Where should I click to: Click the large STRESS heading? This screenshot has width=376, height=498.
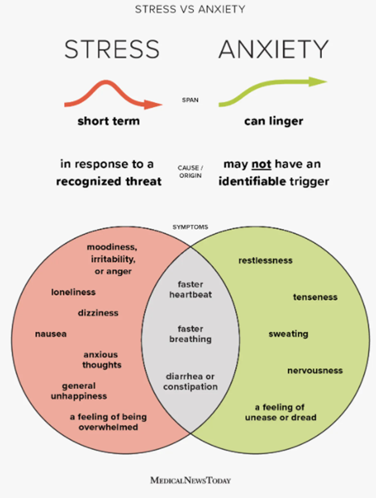pyautogui.click(x=112, y=49)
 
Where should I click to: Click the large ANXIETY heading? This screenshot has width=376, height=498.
pyautogui.click(x=273, y=49)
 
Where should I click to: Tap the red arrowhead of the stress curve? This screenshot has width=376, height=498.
pyautogui.click(x=153, y=104)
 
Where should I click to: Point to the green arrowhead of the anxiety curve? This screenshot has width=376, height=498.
pyautogui.click(x=317, y=81)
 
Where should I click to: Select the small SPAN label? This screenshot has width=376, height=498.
pyautogui.click(x=190, y=100)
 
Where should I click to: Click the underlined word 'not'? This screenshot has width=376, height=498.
pyautogui.click(x=261, y=165)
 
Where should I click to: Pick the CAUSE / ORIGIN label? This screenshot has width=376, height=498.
pyautogui.click(x=190, y=172)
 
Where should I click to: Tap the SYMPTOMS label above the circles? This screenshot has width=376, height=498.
pyautogui.click(x=190, y=227)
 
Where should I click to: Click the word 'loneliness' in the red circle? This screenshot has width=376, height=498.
pyautogui.click(x=73, y=292)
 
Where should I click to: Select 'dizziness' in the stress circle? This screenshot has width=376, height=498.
pyautogui.click(x=98, y=313)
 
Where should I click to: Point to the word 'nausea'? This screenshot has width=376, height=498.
pyautogui.click(x=51, y=334)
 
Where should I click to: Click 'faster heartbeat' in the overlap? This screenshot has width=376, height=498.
pyautogui.click(x=190, y=289)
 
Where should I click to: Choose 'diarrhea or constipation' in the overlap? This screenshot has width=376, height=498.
pyautogui.click(x=190, y=381)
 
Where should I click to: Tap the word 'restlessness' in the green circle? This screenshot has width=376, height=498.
pyautogui.click(x=265, y=260)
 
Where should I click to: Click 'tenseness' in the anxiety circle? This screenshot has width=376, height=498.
pyautogui.click(x=315, y=297)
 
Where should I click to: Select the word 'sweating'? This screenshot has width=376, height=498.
pyautogui.click(x=288, y=334)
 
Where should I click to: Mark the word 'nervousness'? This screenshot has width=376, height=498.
pyautogui.click(x=315, y=370)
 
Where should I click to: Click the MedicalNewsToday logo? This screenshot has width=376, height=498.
pyautogui.click(x=190, y=480)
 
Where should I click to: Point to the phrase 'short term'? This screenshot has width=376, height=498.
pyautogui.click(x=109, y=121)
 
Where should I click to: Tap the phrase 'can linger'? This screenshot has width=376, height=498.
pyautogui.click(x=273, y=121)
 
